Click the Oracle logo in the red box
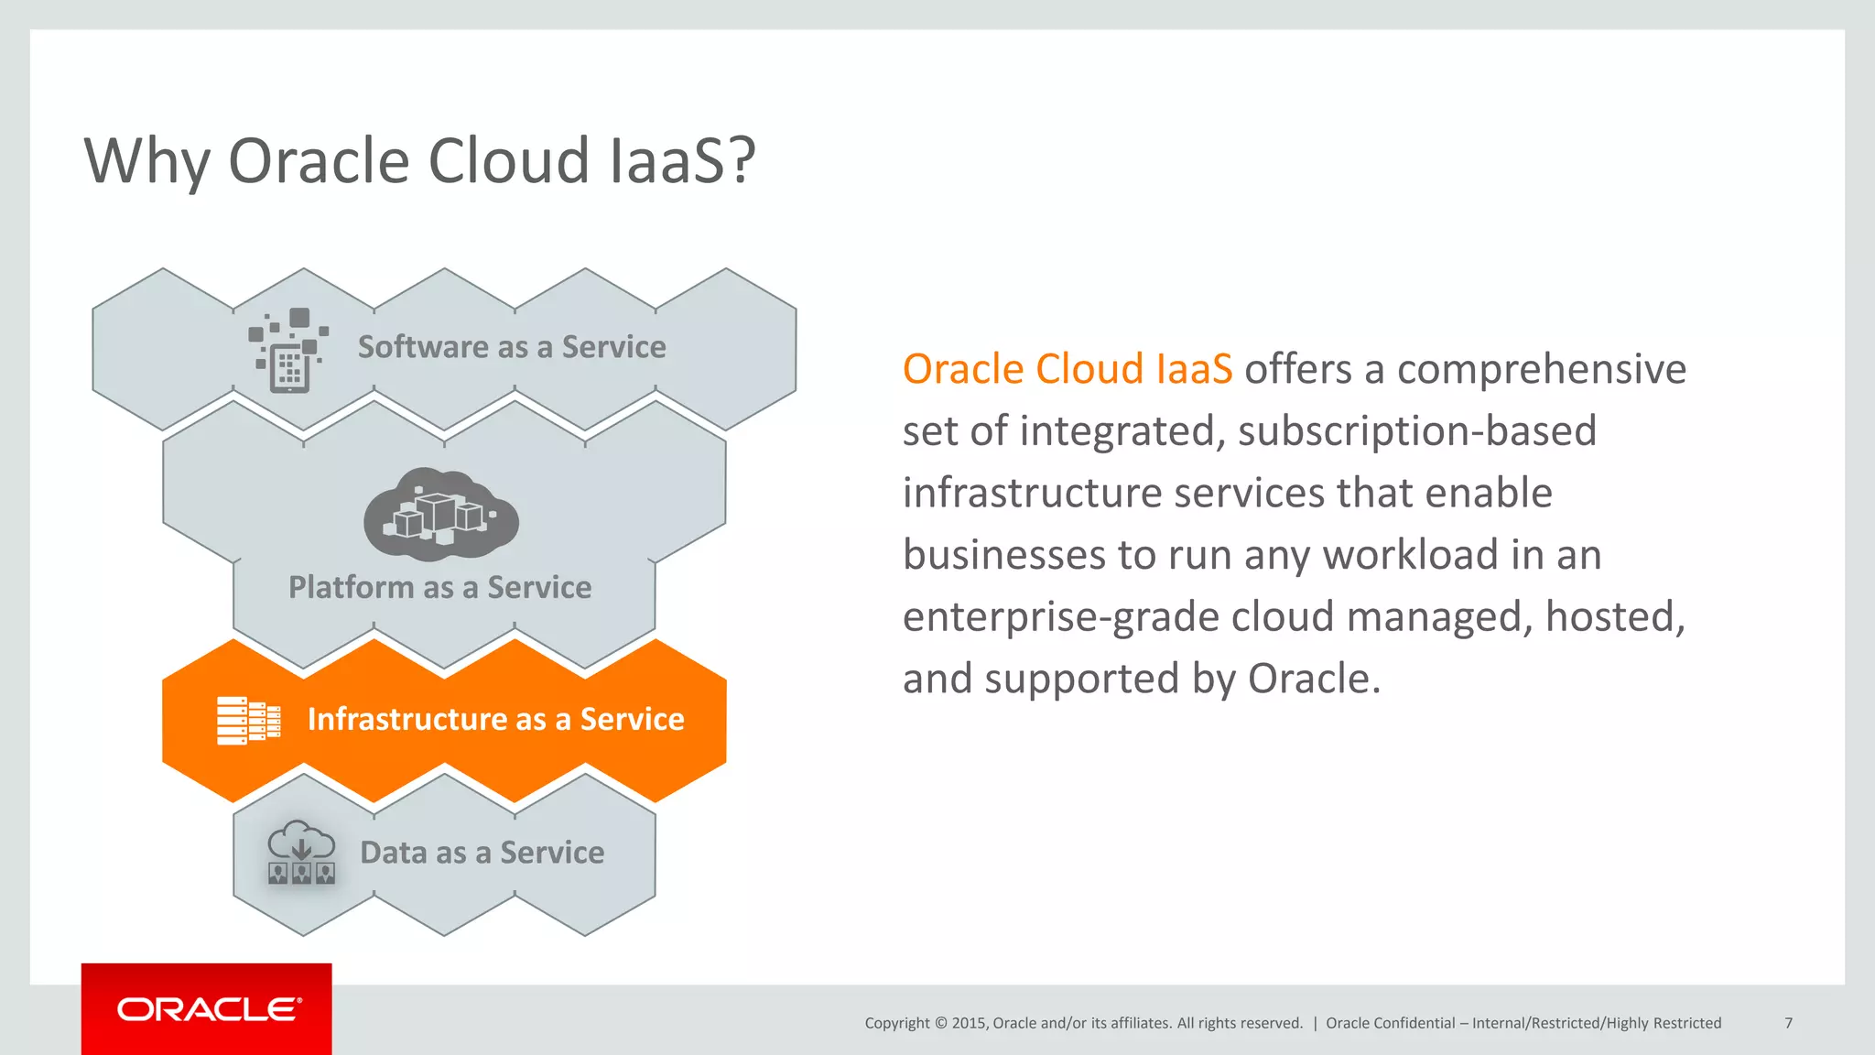[x=208, y=1009]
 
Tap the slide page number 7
[x=1788, y=1023]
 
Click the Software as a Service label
[x=512, y=347]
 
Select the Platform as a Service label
[x=439, y=587]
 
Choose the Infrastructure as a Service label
[x=495, y=719]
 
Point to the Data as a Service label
[x=482, y=853]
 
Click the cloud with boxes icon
[x=441, y=515]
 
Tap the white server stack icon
[x=248, y=720]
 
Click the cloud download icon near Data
[x=300, y=852]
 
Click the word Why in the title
[x=146, y=161]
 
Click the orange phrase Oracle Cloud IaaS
[x=1067, y=369]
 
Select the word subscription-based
[x=1416, y=431]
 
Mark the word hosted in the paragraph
[x=1613, y=617]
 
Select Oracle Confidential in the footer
[x=1390, y=1023]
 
